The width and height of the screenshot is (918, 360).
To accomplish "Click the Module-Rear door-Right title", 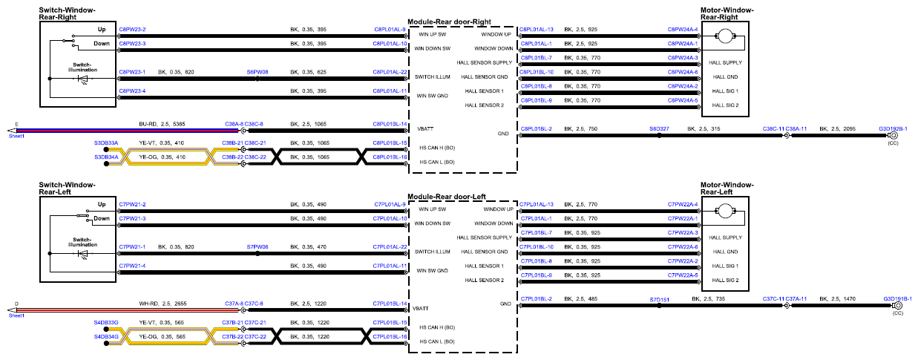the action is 449,22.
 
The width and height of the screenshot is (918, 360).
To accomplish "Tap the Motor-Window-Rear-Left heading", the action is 727,189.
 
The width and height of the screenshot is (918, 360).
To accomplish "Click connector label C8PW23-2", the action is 132,30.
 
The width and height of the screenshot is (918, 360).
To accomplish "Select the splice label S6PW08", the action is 258,72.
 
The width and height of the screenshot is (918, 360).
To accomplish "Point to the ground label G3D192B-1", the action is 893,128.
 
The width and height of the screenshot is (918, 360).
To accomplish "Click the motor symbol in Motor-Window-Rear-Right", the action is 725,36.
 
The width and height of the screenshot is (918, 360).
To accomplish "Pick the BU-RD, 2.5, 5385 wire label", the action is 162,124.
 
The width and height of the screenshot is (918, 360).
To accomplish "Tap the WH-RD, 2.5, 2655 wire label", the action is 163,304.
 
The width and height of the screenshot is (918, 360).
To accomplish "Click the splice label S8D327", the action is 659,128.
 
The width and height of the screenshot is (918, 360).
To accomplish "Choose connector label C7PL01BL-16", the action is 390,337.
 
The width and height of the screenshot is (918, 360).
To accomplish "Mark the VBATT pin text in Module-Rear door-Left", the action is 421,308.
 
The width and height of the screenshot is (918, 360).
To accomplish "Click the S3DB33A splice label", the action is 106,143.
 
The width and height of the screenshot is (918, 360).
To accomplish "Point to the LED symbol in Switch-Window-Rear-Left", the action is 82,254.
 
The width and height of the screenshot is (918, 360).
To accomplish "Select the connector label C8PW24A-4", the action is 683,30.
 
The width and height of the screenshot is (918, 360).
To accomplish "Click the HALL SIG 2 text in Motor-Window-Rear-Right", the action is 725,105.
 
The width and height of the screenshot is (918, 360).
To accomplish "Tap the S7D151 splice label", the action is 660,300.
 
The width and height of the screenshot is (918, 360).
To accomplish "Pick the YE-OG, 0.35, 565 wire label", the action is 162,337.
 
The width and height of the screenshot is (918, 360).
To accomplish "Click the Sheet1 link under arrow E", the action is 16,136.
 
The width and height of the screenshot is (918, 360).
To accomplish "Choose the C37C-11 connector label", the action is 773,299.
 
